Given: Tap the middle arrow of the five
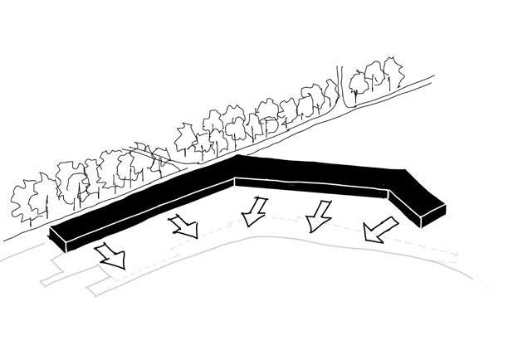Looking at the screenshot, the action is point(254,212).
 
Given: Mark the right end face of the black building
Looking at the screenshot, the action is point(432,214).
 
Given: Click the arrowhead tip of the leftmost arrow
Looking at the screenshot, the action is point(121,267).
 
